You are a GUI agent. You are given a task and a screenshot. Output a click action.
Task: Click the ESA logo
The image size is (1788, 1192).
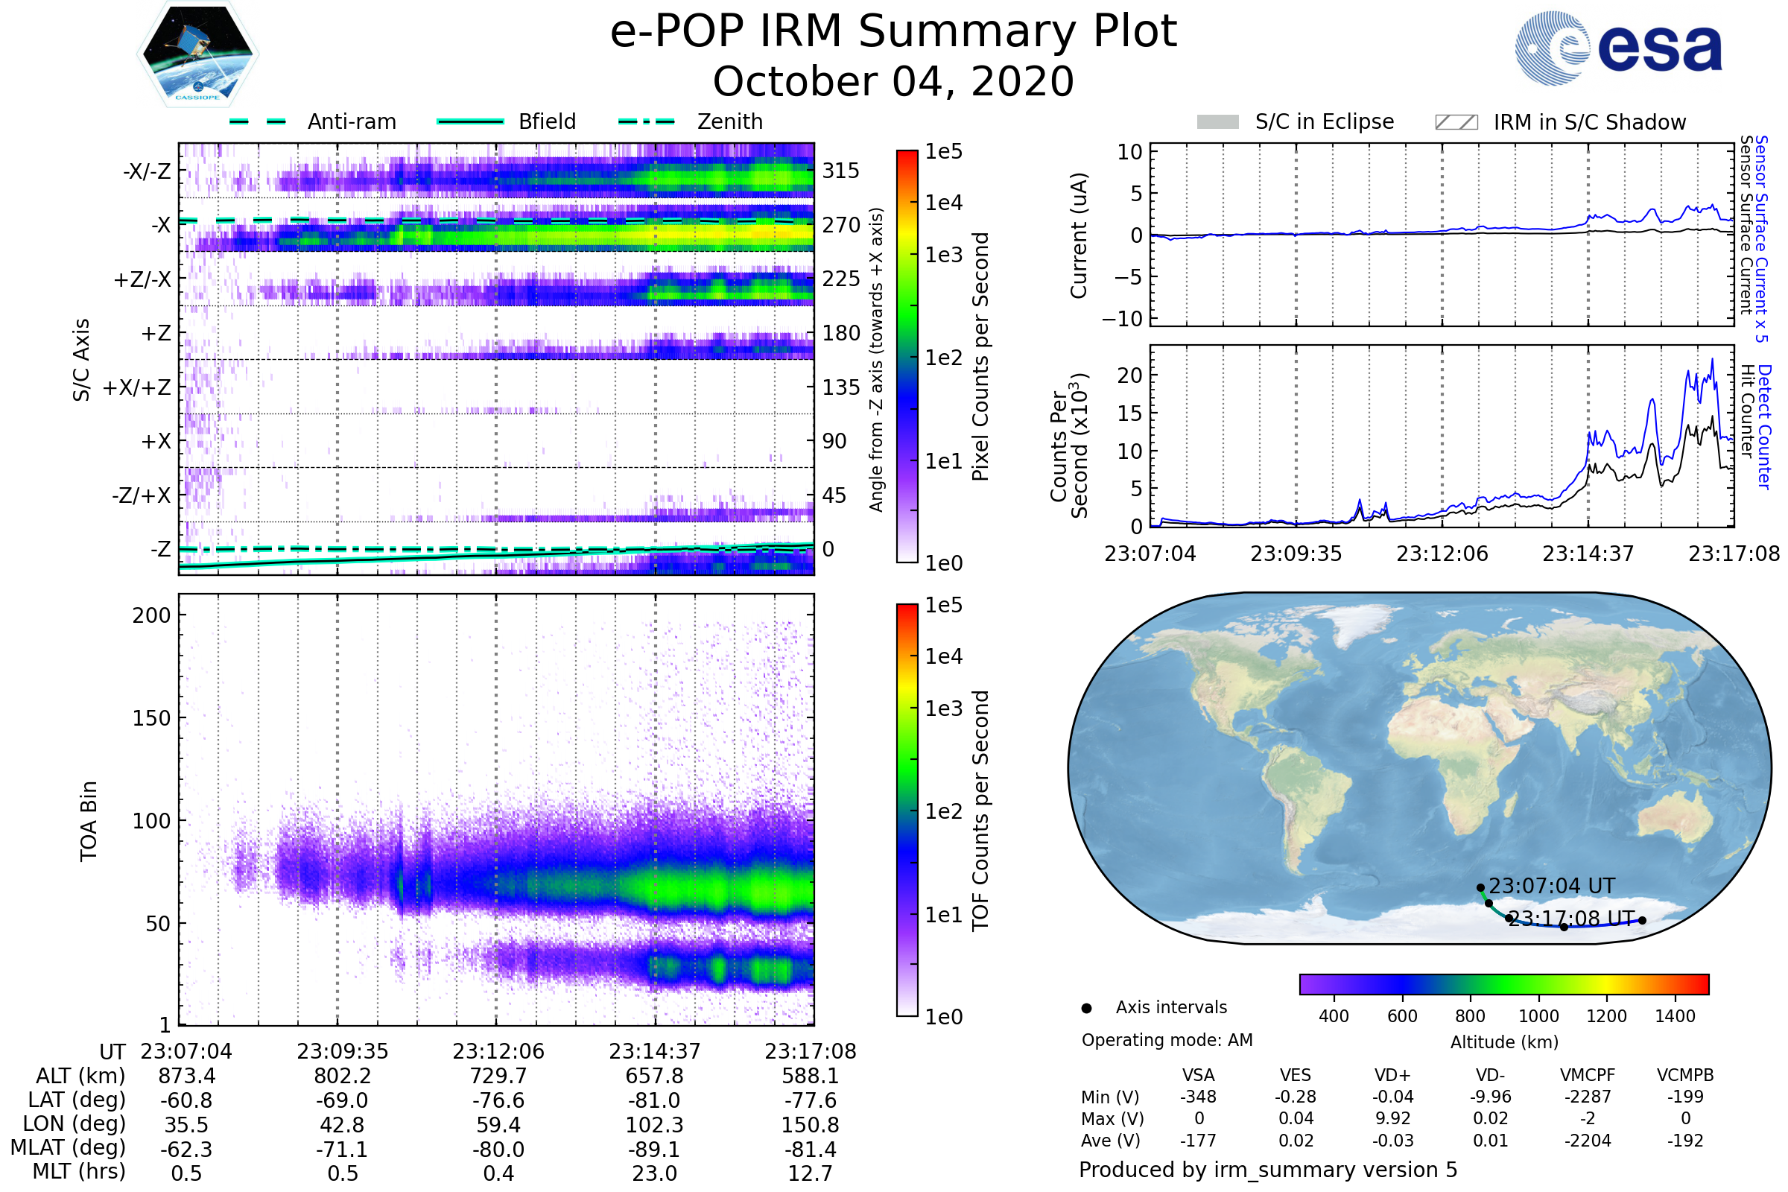(x=1617, y=48)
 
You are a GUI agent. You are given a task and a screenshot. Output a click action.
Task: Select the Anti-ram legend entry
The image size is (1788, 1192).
(x=312, y=121)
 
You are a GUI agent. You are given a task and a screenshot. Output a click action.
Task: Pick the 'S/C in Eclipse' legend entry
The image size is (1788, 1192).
(x=1295, y=121)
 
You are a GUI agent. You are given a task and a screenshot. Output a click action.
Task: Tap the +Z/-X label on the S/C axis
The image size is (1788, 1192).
(x=142, y=279)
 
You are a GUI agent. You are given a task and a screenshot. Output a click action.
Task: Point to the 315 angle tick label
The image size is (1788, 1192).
(x=841, y=171)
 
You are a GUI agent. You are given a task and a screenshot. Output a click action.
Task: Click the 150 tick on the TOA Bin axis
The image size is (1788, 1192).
(x=151, y=718)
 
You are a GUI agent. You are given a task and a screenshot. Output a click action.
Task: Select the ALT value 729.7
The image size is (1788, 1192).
(x=498, y=1076)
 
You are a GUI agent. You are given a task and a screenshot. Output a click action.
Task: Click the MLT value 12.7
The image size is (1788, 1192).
(x=811, y=1173)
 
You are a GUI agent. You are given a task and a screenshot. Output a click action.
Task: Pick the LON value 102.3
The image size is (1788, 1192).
(x=655, y=1124)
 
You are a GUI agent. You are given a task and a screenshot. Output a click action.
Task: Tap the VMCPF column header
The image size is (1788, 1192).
(x=1588, y=1075)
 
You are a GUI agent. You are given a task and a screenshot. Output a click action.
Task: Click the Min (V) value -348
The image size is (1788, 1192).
(x=1198, y=1096)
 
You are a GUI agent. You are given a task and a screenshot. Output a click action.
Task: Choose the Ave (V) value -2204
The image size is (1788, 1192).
(x=1588, y=1141)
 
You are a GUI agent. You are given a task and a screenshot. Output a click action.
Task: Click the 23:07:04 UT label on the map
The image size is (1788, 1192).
(x=1551, y=886)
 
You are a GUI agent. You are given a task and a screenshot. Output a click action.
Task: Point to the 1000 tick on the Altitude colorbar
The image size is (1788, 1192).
(x=1538, y=1015)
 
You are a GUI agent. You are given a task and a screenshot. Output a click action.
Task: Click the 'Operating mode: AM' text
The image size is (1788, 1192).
(x=1167, y=1040)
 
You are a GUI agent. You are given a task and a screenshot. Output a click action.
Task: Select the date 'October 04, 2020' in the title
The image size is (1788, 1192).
(x=893, y=81)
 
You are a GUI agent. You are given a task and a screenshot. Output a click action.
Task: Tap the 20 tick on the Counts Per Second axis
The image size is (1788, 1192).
(x=1129, y=375)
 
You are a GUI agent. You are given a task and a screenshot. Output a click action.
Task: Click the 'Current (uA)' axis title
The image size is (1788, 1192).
(x=1079, y=235)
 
